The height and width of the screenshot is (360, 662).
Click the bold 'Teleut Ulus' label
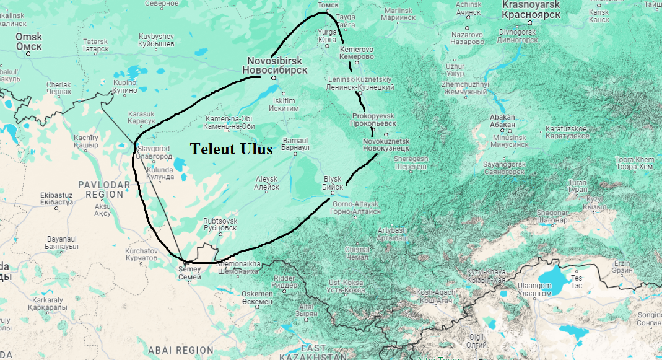coord(231,149)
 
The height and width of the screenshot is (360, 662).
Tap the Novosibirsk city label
coord(274,65)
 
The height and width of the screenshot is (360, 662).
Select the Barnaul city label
coord(295,144)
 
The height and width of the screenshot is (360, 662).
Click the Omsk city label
coord(28,42)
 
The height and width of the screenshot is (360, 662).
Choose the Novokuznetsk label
coord(386,145)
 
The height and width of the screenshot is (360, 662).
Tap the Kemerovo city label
coord(357,53)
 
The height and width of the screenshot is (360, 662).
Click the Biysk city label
coord(333,183)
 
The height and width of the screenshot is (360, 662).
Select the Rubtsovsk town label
coord(220,224)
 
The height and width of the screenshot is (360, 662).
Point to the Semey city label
coord(189,273)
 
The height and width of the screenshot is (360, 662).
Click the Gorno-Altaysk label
coord(356,208)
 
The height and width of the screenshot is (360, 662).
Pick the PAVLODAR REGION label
coord(104,190)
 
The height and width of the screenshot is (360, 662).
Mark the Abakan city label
coord(502,121)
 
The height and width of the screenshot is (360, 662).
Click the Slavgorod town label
coord(154,153)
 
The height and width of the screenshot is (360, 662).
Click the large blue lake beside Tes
coord(553,282)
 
